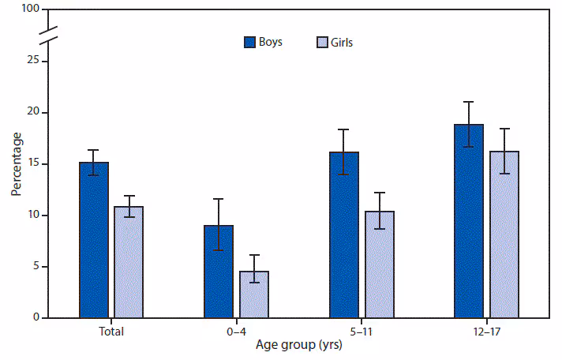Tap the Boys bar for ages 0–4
219,272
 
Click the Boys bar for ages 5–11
344,235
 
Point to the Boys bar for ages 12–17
469,221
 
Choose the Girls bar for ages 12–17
504,234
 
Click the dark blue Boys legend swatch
249,43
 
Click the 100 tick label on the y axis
31,9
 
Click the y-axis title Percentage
16,164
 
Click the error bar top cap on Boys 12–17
469,102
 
